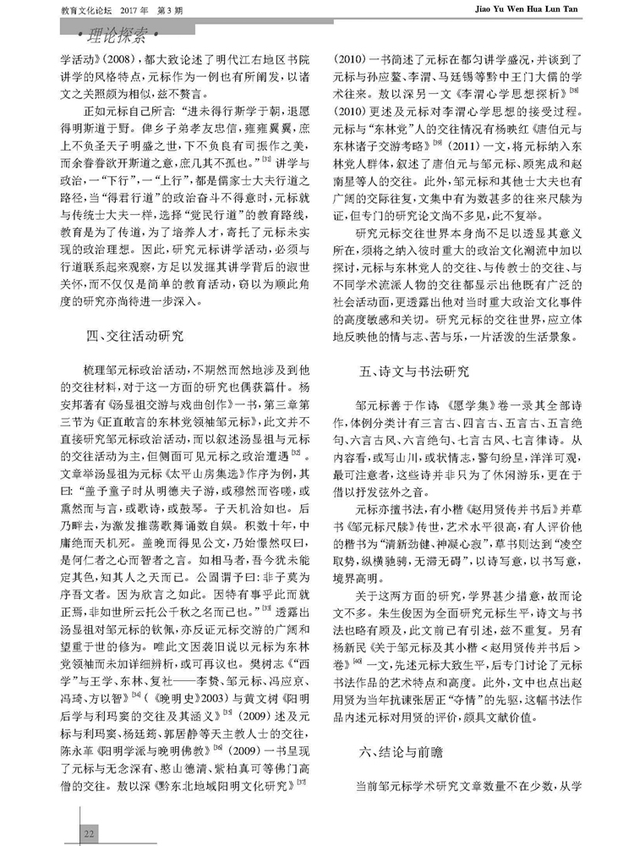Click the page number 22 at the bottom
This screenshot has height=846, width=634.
(87, 833)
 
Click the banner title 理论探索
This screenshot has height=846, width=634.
(128, 36)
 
